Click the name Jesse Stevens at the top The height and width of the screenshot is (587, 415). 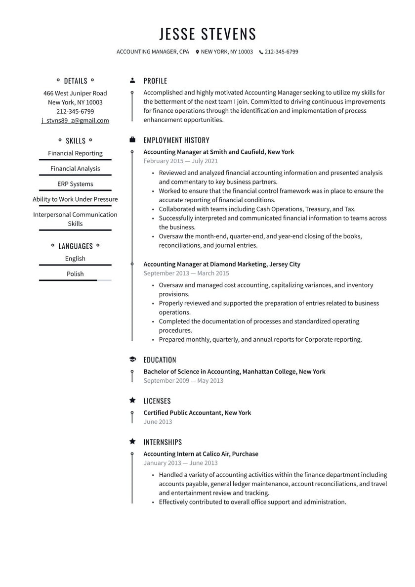[207, 34]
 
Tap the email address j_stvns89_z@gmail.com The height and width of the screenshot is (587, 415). [75, 120]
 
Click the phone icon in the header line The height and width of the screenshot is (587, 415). [261, 52]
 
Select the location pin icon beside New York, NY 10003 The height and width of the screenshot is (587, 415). [197, 52]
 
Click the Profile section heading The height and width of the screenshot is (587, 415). [155, 81]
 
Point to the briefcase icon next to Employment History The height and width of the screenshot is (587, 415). [132, 140]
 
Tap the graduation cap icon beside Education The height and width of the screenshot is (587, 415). [132, 360]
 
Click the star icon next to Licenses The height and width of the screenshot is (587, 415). [132, 401]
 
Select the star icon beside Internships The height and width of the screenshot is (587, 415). [132, 442]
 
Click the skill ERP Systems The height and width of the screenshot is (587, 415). [75, 184]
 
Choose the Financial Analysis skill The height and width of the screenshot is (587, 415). [75, 169]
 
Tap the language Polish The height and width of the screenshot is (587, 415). [75, 274]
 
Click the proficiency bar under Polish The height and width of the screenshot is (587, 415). [75, 280]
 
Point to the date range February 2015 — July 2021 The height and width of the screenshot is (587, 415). [180, 161]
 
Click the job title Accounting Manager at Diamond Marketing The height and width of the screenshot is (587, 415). [222, 264]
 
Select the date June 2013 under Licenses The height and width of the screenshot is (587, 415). [158, 422]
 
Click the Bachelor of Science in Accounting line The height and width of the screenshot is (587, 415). [234, 371]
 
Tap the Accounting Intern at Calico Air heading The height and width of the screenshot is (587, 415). [201, 453]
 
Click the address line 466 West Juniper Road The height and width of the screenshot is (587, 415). [75, 93]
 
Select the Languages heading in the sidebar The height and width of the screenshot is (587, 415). [76, 246]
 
